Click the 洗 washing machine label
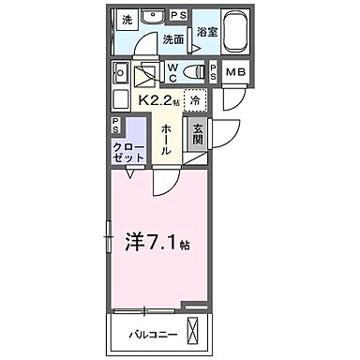tap(127, 19)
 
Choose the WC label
tap(173, 72)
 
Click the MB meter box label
tap(235, 72)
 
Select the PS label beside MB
tap(215, 72)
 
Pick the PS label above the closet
tap(115, 125)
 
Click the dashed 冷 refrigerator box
tap(194, 100)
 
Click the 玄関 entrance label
tap(199, 137)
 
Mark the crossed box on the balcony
tap(194, 331)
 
